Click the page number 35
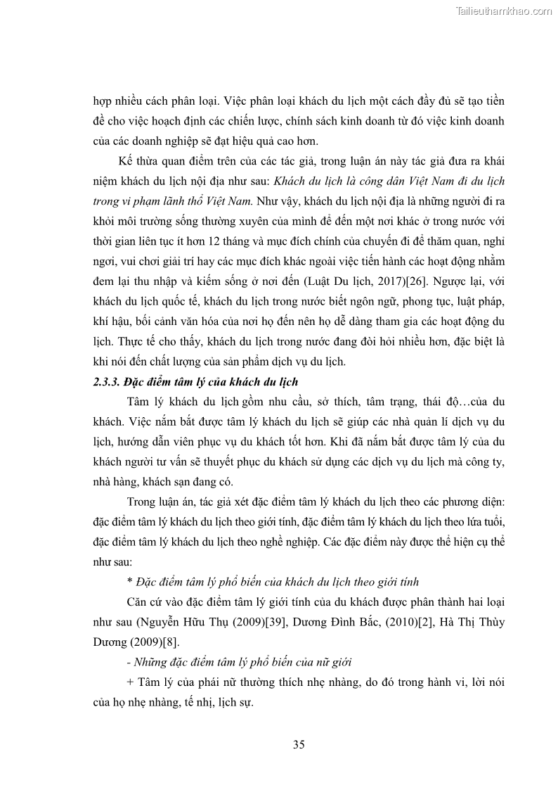299,745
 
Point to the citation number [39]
268,622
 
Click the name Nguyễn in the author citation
160,622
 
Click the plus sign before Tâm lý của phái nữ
131,682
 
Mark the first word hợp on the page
104,99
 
